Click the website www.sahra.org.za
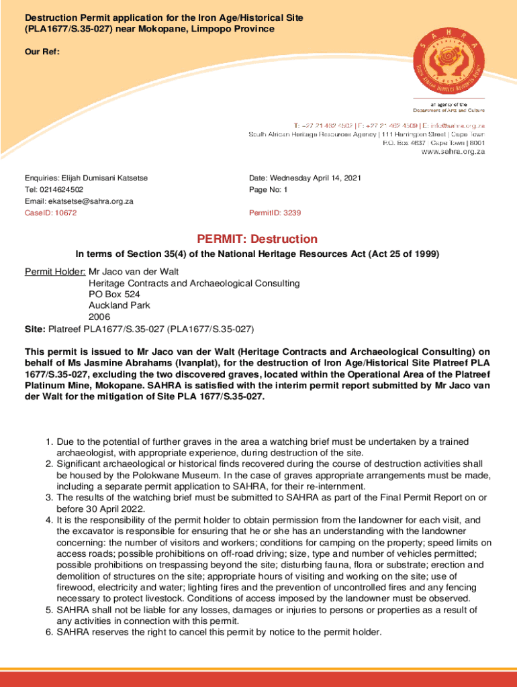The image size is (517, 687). pos(453,152)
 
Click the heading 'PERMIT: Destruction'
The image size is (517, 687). pos(257,240)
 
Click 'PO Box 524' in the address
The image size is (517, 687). pos(114,295)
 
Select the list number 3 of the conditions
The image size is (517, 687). pos(49,497)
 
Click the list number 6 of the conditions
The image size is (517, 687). pos(49,632)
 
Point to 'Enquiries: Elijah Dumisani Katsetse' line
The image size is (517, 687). pos(86,178)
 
